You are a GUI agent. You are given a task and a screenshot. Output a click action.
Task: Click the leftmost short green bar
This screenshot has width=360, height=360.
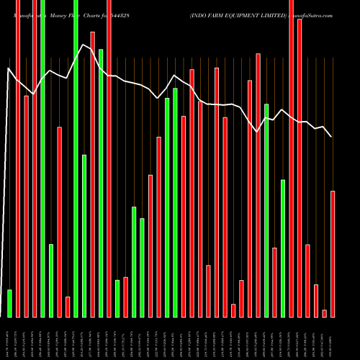tap(9, 302)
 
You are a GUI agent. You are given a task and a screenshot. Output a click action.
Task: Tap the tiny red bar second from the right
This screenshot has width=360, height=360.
tap(325, 312)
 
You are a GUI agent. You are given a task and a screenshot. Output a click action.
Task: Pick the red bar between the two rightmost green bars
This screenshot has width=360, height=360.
tap(275, 282)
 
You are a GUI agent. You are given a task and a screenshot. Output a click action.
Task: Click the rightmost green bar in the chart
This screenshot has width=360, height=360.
tap(283, 248)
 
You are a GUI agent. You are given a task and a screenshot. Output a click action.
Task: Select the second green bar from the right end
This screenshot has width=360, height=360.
tap(266, 210)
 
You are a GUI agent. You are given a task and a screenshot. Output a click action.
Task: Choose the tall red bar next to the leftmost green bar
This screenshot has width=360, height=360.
tap(18, 158)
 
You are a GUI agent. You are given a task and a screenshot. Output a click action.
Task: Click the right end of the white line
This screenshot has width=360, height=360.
tap(331, 136)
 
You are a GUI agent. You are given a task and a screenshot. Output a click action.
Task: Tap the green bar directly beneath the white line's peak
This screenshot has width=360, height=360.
tap(84, 235)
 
